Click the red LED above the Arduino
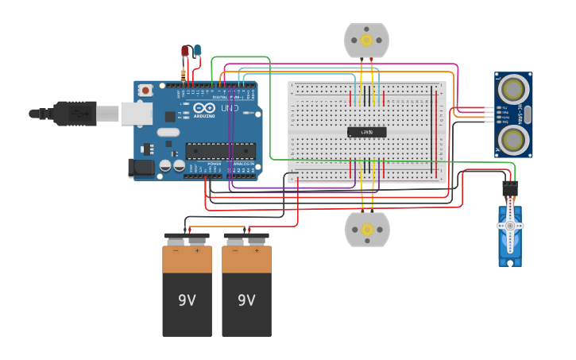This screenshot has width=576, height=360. click(185, 51)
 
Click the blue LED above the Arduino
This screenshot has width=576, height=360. click(197, 50)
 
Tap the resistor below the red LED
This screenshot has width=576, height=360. click(184, 75)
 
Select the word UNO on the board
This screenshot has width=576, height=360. click(230, 108)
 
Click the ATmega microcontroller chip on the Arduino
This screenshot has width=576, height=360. click(220, 150)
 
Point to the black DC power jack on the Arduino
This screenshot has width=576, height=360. click(141, 167)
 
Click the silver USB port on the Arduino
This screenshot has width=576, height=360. click(136, 114)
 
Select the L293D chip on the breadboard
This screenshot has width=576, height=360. click(367, 132)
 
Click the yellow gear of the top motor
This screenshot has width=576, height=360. click(366, 40)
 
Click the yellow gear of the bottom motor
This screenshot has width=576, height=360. click(367, 230)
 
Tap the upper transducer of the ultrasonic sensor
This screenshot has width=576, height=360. click(514, 86)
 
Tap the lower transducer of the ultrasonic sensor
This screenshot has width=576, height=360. click(514, 139)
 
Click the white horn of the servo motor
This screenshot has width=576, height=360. click(510, 226)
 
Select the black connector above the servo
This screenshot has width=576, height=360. click(509, 188)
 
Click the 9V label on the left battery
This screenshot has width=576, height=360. click(187, 300)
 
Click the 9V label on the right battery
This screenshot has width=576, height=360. click(246, 300)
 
